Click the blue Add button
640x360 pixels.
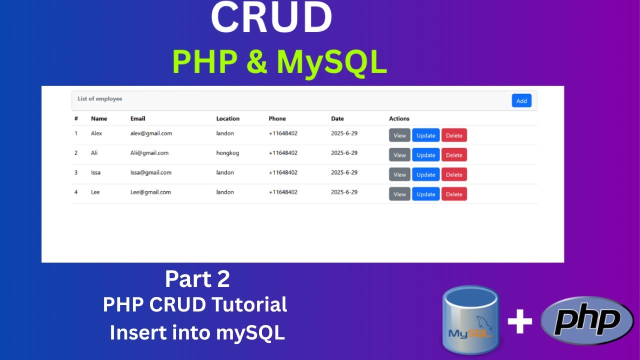(521, 100)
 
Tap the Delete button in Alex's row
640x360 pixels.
(454, 135)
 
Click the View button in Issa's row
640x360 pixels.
(399, 174)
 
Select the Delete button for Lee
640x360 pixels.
(454, 194)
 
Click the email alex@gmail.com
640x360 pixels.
(151, 133)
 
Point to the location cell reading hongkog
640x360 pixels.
(227, 153)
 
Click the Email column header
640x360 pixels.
(137, 118)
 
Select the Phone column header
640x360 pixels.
(277, 118)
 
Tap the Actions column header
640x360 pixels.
(399, 118)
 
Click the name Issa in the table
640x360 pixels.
(95, 172)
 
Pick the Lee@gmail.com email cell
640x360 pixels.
(150, 192)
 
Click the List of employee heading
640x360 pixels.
(99, 99)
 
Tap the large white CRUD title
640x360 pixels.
(271, 18)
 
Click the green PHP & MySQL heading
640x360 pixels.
(279, 62)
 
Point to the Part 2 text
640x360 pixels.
(197, 279)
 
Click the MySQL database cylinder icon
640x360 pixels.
(470, 320)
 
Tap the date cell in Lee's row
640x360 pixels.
(344, 192)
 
